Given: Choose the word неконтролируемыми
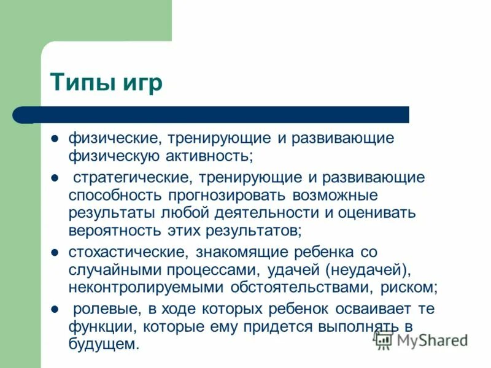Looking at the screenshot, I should click(x=147, y=288).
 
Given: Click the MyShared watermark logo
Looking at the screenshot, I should click(x=421, y=339).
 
